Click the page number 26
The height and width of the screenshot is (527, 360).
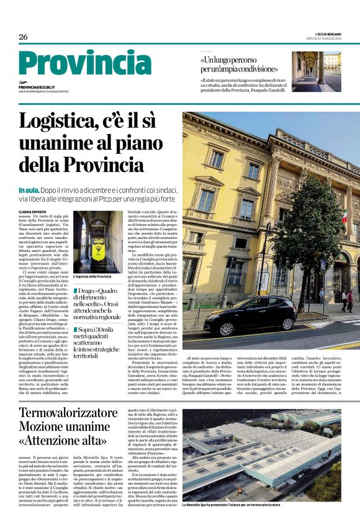(23, 37)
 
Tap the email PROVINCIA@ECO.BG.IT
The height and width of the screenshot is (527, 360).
(37, 88)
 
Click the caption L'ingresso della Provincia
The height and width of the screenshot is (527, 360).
(92, 276)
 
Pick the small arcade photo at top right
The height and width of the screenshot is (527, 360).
(316, 71)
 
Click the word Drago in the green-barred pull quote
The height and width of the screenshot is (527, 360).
(89, 292)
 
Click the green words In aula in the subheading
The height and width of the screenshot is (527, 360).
(29, 189)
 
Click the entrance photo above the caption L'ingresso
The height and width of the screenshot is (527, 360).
(97, 242)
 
